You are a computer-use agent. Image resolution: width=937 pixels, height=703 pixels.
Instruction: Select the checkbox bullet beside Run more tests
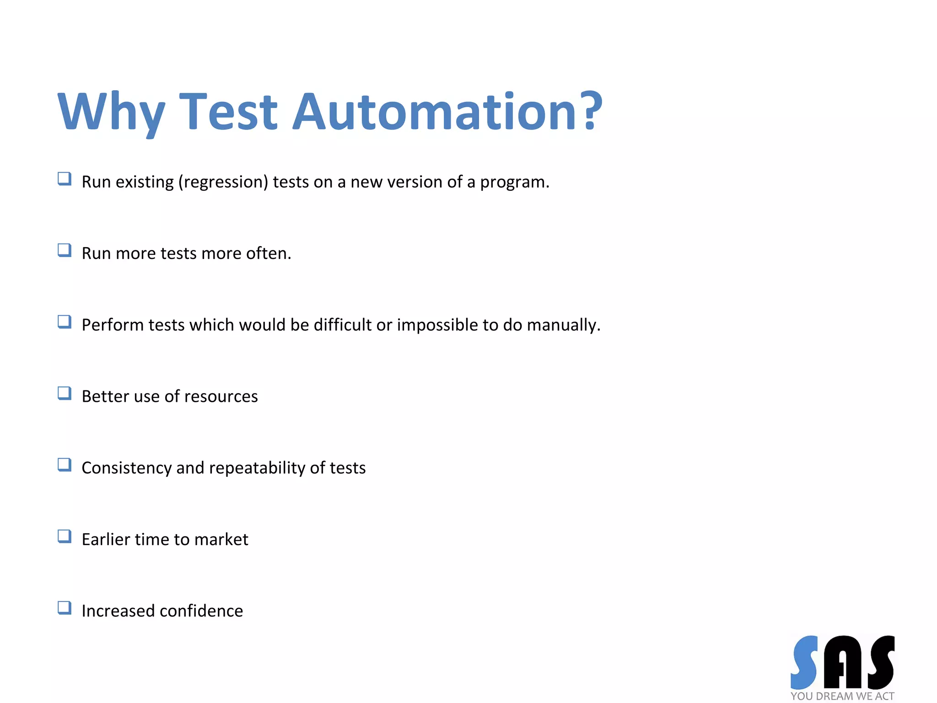click(x=65, y=250)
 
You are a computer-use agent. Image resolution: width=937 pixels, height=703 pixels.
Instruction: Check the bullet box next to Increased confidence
click(x=65, y=608)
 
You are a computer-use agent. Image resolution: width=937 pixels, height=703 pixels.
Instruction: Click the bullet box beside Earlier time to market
click(x=65, y=536)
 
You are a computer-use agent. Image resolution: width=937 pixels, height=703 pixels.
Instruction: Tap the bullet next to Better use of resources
click(x=65, y=394)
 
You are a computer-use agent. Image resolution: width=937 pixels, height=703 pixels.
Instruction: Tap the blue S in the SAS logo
click(x=804, y=662)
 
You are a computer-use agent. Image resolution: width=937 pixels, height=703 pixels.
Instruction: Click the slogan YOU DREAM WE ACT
click(x=842, y=696)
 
